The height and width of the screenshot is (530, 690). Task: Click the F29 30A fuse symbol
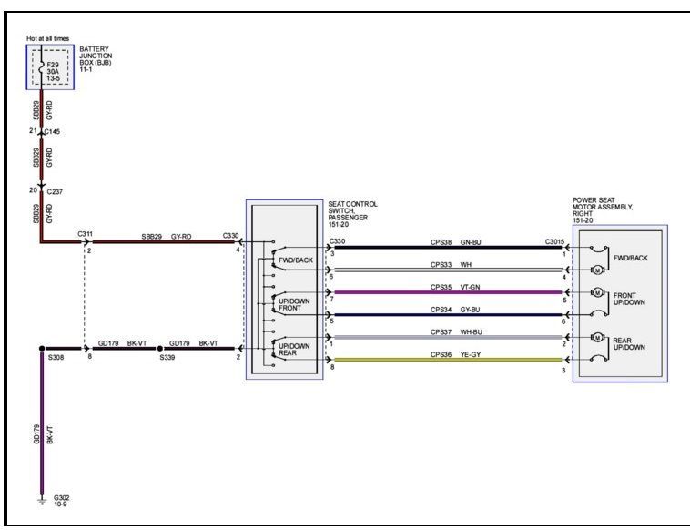point(41,67)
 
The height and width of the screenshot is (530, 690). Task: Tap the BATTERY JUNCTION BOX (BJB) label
point(96,59)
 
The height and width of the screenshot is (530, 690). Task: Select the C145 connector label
point(52,132)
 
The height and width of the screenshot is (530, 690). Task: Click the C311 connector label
point(85,234)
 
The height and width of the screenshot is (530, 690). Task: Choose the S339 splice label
point(167,359)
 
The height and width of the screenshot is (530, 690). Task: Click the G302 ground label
point(61,501)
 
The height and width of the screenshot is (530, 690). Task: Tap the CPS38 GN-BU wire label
point(455,241)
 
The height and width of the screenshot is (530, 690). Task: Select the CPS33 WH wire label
point(451,264)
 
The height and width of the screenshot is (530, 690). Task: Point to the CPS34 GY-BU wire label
point(455,309)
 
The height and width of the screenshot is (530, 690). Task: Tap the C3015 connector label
point(554,241)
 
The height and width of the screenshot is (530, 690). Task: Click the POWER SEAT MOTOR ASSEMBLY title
point(603,209)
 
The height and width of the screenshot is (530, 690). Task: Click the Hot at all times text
point(47,38)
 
